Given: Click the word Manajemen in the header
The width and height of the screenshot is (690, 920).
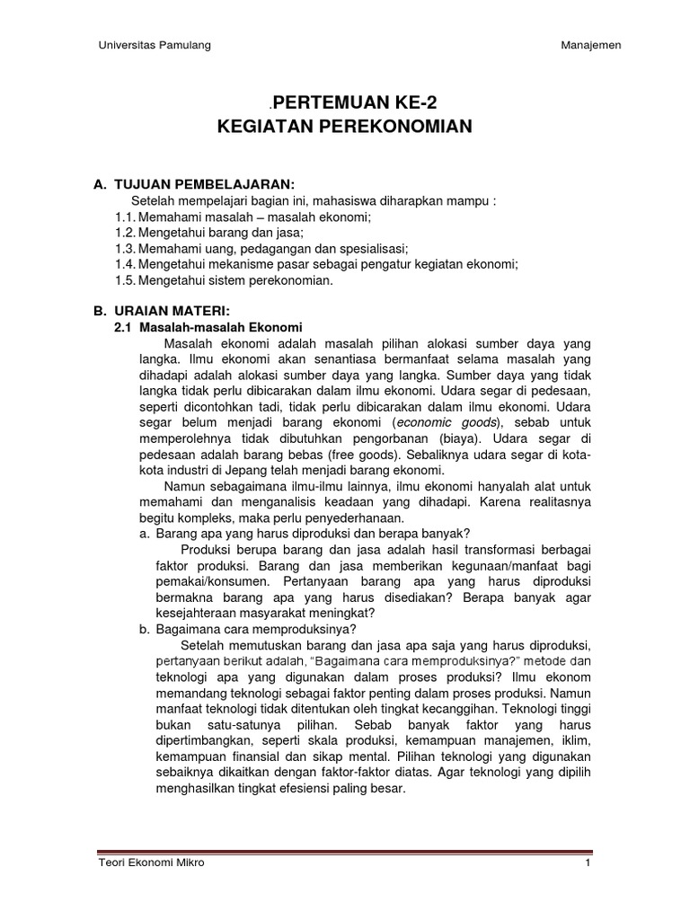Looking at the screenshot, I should click(x=590, y=46).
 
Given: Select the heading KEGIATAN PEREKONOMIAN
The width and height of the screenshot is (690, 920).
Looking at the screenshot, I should click(x=345, y=127).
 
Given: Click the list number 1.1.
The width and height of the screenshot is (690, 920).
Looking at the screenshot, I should click(x=125, y=217).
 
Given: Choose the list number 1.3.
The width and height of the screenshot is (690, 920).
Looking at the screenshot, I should click(x=125, y=249).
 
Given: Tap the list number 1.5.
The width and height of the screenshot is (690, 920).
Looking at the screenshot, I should click(x=125, y=280).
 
